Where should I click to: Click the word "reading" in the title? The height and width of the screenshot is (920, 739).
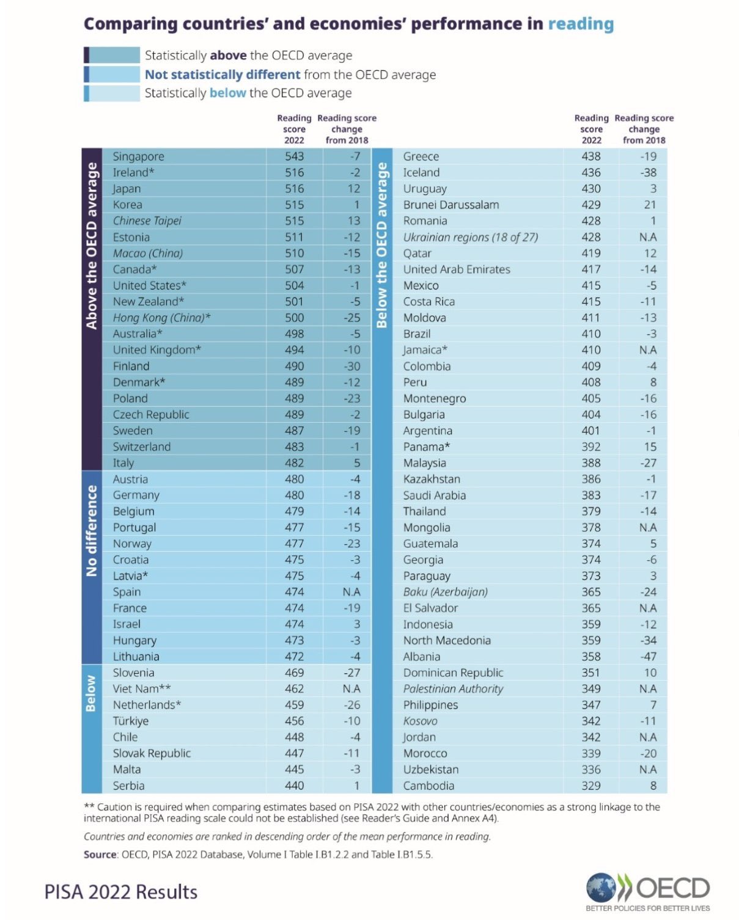(580, 24)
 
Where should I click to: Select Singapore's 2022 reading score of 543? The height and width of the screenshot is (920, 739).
(294, 156)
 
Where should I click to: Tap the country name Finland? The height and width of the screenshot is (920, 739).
(131, 366)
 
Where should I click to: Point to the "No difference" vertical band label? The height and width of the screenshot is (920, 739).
(92, 530)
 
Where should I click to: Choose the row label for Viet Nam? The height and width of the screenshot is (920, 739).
(142, 688)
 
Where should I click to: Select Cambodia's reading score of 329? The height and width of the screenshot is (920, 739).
(590, 786)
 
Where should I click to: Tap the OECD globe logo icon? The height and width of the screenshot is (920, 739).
(601, 888)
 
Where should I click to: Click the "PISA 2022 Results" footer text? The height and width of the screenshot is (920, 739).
(121, 892)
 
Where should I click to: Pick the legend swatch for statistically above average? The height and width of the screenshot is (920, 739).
(112, 55)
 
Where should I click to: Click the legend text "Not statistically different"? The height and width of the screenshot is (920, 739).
(222, 75)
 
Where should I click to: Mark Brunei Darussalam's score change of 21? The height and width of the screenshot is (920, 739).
(650, 205)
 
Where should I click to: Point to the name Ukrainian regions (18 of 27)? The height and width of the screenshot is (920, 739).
(470, 237)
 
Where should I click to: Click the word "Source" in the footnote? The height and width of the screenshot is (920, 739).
(100, 854)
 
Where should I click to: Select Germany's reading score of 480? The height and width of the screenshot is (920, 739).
(294, 495)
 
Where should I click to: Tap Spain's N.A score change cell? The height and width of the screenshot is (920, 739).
(351, 592)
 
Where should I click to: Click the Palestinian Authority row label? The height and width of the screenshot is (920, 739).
(453, 688)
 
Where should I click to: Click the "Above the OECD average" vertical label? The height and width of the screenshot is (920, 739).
(92, 246)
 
